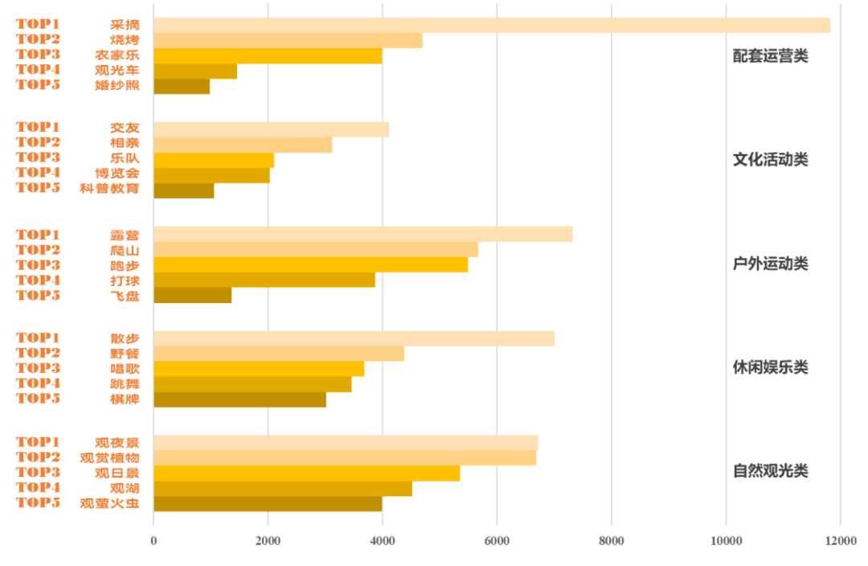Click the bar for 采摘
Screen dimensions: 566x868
(491, 25)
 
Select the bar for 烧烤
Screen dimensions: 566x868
(288, 40)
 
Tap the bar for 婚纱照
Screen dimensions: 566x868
(182, 86)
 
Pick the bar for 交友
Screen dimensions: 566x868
(271, 129)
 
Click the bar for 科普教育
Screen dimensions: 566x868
(183, 191)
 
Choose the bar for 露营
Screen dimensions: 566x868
(362, 234)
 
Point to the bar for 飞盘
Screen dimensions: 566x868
(192, 295)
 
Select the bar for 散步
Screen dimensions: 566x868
(354, 338)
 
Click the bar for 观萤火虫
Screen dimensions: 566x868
(268, 503)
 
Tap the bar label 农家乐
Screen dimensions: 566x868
(117, 55)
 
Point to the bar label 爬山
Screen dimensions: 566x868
(125, 250)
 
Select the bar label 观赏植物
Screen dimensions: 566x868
(109, 457)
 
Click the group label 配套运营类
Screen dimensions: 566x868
(770, 56)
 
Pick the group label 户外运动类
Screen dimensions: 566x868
(770, 264)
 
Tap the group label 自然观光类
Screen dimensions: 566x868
(770, 471)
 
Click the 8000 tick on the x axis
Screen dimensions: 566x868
(612, 541)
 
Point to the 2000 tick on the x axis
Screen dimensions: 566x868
(268, 541)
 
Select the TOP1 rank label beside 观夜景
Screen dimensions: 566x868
(38, 442)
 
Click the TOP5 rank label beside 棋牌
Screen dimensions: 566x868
(38, 399)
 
